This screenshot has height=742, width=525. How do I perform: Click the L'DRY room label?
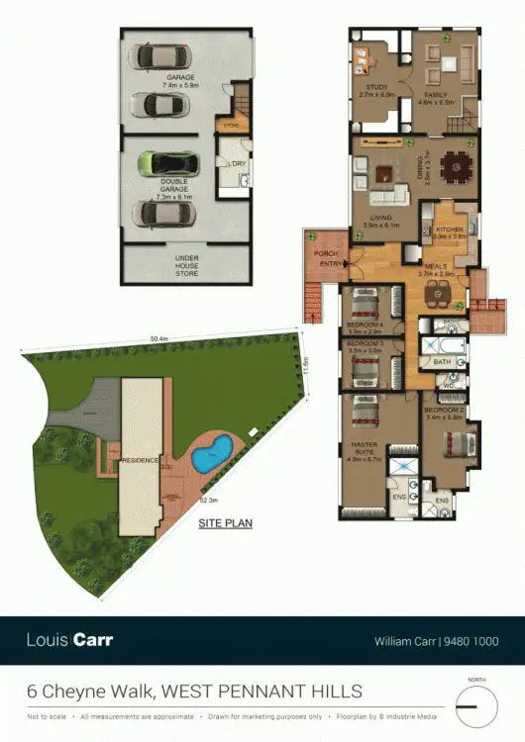click(x=236, y=162)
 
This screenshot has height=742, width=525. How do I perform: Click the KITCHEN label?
click(x=451, y=231)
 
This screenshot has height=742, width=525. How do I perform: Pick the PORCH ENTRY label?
click(x=328, y=258)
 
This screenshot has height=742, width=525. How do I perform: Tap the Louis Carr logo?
click(x=69, y=640)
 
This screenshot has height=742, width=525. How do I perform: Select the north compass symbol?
click(x=477, y=710)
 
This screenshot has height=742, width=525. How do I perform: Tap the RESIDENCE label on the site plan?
click(x=140, y=460)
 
